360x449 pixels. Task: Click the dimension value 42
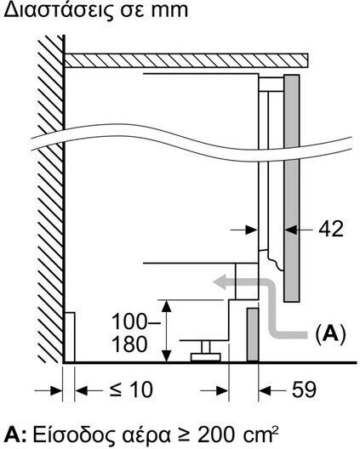[331, 229]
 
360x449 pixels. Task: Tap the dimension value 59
[304, 389]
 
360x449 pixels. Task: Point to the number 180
[129, 344]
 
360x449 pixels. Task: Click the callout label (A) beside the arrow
[330, 334]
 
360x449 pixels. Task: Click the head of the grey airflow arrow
[220, 281]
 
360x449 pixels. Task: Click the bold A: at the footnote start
[16, 436]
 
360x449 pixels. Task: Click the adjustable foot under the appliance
[205, 351]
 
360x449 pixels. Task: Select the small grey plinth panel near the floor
[253, 335]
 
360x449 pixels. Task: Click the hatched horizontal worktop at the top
[186, 60]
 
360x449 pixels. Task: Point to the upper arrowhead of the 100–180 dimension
[167, 306]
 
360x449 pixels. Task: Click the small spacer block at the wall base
[70, 338]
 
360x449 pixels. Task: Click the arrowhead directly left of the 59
[265, 390]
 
